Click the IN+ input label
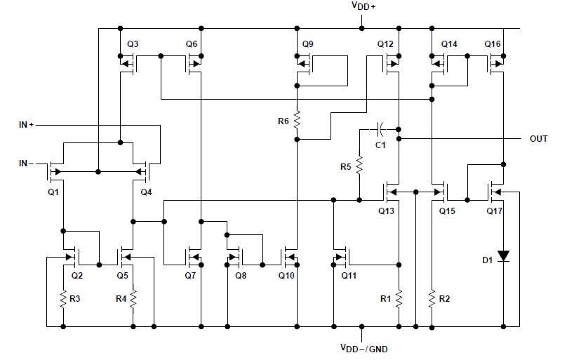coord(26,125)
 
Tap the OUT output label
coord(538,139)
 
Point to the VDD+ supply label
coord(363,6)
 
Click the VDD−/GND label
coord(364,348)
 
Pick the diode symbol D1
coord(504,255)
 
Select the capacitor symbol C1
coord(381,129)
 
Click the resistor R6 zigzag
coord(297,120)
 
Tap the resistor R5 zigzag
coord(359,165)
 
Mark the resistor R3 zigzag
coord(63,299)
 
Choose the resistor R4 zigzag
coord(133,299)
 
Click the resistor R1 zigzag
coord(399,299)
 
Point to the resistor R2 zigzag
coord(432,299)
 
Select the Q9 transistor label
coord(308,44)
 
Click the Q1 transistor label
coord(53,192)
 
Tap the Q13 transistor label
coord(386,211)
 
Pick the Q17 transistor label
coord(495,211)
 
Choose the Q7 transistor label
coord(190,275)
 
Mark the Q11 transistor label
coord(349,275)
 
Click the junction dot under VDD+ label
coord(361,28)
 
